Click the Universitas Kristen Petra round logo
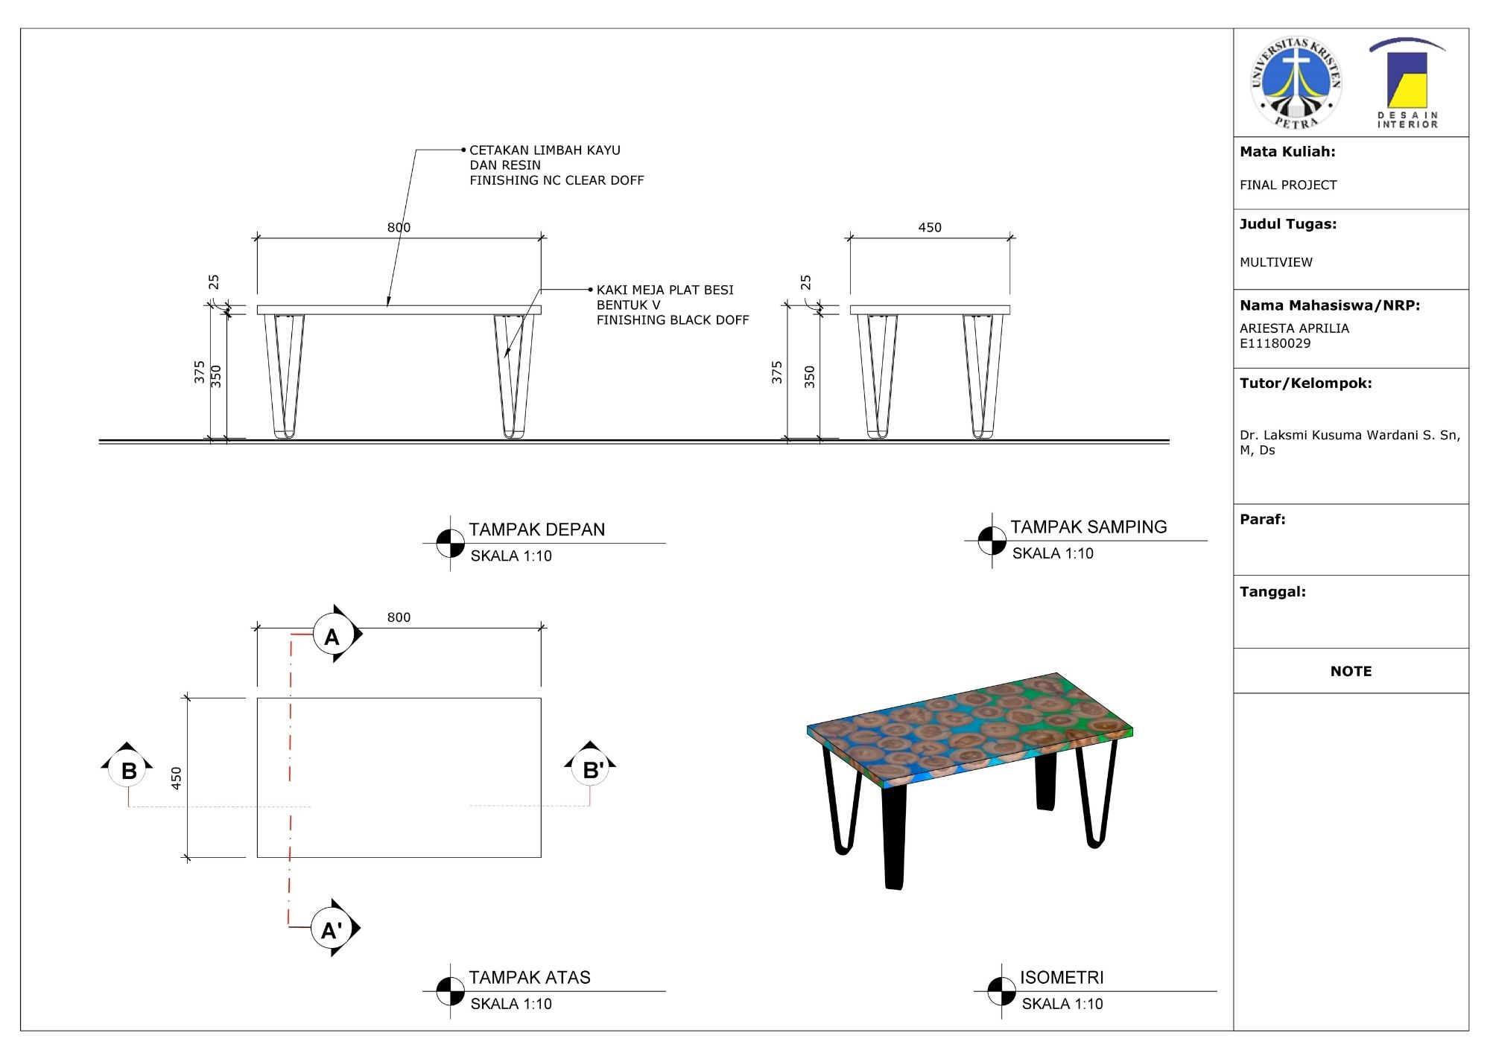coord(1296,83)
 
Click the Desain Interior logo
coord(1407,83)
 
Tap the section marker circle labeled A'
coord(331,928)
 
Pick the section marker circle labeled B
coord(128,769)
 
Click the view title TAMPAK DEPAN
coord(536,529)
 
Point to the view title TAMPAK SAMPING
coord(1088,527)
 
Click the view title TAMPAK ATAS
coord(529,977)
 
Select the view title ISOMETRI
coord(1062,977)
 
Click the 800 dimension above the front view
coord(399,227)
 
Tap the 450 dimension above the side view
coord(930,227)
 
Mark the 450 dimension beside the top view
coord(177,778)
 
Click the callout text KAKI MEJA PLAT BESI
coord(665,290)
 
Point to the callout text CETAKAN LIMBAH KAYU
coord(545,150)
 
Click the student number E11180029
coord(1275,343)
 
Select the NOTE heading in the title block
coord(1351,671)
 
